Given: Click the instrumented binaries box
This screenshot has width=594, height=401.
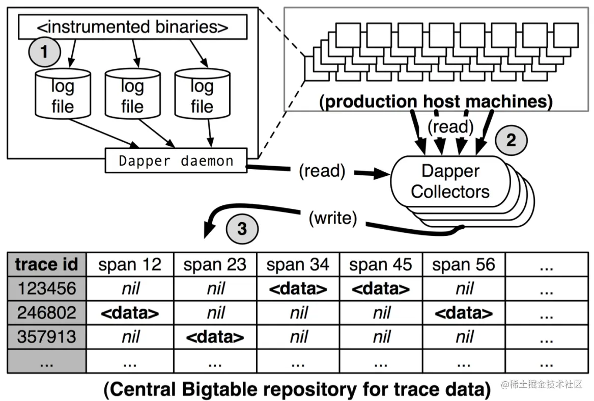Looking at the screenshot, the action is click(132, 27).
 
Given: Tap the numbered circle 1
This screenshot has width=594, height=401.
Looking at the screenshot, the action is click(45, 51).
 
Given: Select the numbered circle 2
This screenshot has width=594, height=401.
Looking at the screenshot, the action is click(511, 140).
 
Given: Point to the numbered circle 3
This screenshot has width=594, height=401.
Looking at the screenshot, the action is click(242, 229).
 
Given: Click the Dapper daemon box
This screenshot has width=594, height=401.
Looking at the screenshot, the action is click(176, 161).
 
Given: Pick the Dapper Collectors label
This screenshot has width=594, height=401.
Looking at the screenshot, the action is click(450, 181).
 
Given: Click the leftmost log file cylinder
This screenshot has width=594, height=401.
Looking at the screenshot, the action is click(63, 94).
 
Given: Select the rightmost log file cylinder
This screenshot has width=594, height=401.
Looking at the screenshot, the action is click(202, 94).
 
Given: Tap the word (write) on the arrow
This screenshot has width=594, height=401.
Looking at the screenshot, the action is click(333, 218).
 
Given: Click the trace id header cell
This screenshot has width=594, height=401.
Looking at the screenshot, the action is click(47, 264).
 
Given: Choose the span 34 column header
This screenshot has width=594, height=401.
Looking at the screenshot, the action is click(298, 264).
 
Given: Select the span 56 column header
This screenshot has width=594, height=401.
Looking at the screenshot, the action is click(464, 264).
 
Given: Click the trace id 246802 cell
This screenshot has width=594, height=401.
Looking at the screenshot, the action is click(47, 313).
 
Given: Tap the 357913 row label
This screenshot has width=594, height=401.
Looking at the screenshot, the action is click(47, 337).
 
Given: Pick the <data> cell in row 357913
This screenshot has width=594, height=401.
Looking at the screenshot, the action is click(215, 337).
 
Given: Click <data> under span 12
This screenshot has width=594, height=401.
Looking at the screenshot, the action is click(130, 313).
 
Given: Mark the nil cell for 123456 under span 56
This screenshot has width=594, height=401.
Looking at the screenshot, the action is click(464, 289).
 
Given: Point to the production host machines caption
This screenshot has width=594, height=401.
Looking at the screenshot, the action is click(436, 102).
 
